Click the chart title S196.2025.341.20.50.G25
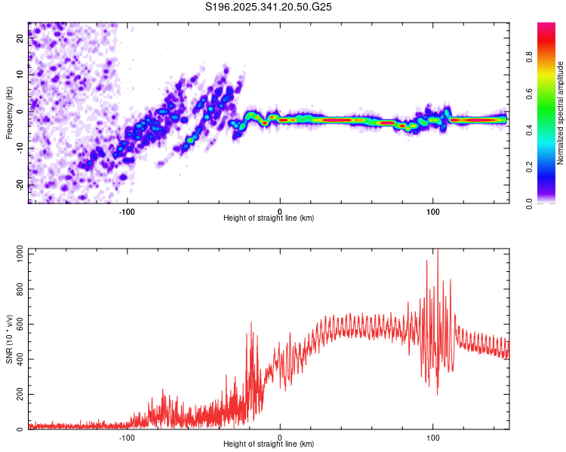pos(269,8)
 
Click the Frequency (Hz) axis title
pos(9,112)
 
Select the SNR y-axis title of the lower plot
pos(9,338)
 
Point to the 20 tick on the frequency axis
pos(20,39)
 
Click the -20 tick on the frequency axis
pos(20,185)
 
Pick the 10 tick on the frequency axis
pos(20,75)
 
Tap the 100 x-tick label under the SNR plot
pos(433,436)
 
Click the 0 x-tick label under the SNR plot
pos(280,436)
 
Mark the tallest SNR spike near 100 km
pos(437,251)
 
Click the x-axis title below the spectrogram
pos(269,218)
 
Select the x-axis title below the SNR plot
pos(269,444)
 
